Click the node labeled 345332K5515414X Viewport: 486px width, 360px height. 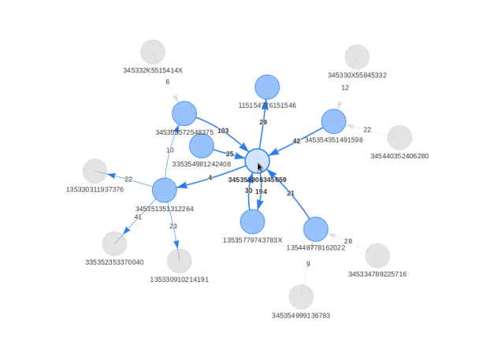[153, 52]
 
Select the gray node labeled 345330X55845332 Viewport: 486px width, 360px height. [357, 57]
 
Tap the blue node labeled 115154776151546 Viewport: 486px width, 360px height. [267, 87]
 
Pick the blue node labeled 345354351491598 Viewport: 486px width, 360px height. [333, 121]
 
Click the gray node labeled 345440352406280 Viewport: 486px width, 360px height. [399, 137]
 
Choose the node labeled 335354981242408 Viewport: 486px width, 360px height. [202, 146]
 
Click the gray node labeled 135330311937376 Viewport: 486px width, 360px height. [95, 171]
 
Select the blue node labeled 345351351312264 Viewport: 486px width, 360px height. [165, 190]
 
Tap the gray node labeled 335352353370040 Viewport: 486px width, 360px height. [114, 243]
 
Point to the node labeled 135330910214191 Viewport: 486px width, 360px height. [180, 261]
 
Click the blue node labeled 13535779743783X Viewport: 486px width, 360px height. [252, 221]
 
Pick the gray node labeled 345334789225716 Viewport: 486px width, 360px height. [377, 255]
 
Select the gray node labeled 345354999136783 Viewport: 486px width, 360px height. [301, 297]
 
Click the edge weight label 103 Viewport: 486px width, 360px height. [223, 132]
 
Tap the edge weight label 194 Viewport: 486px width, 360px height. [261, 191]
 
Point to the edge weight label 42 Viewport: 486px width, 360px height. [297, 142]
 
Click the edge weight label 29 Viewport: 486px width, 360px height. [263, 122]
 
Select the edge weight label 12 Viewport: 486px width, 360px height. [345, 88]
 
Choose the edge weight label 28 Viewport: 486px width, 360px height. [348, 241]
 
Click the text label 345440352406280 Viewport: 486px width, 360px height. [399, 156]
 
